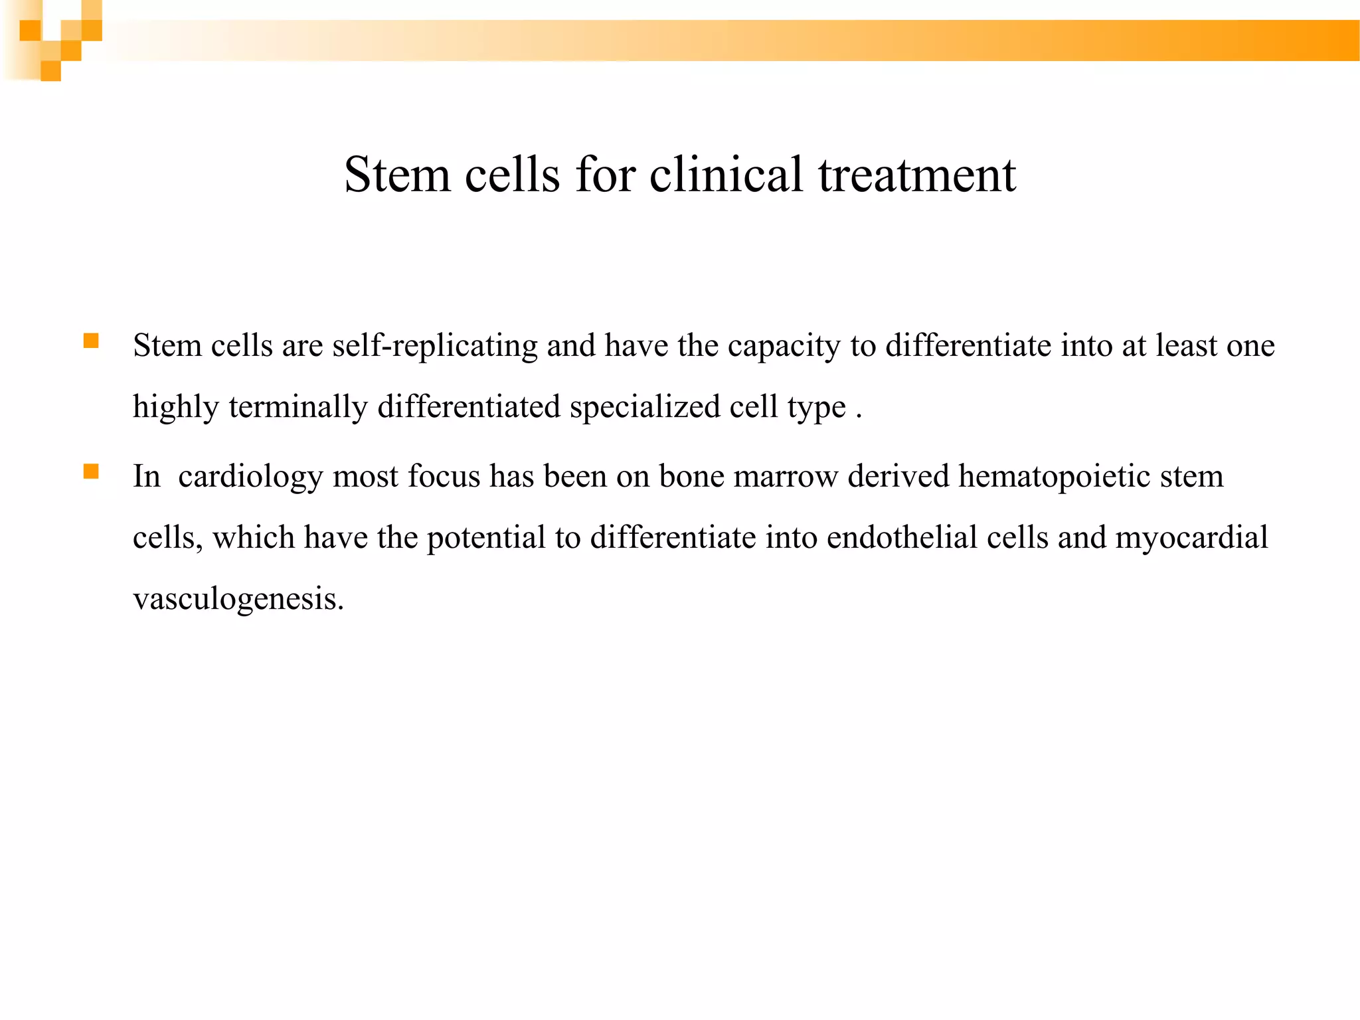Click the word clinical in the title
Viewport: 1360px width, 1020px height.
point(726,175)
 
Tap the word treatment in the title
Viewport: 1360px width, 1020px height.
point(917,175)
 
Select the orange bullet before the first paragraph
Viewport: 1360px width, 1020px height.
point(91,341)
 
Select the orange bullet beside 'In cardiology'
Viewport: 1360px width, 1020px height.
point(91,472)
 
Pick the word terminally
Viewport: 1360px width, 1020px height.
point(298,406)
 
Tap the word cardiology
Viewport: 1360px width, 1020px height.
point(250,477)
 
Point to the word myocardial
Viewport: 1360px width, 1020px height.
point(1191,537)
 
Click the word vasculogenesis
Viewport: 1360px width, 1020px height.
point(238,599)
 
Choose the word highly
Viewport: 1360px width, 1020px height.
point(176,406)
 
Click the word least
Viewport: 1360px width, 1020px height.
point(1186,346)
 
